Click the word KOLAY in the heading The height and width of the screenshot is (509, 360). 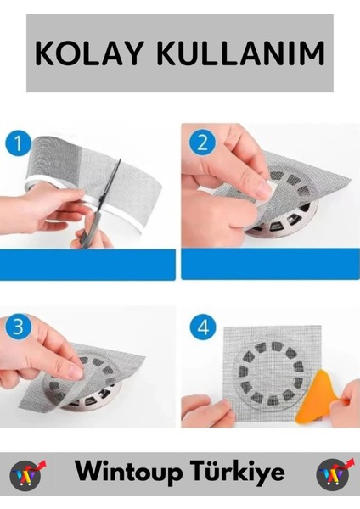pos(89,53)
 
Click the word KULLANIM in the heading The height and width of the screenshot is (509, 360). pos(241,53)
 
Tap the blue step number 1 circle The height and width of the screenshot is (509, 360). pos(18,143)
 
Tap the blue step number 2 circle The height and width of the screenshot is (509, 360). pos(202,143)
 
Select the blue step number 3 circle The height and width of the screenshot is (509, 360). pos(18,326)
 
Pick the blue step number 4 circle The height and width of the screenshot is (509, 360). pos(203,327)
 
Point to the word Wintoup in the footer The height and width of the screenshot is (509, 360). pos(129,473)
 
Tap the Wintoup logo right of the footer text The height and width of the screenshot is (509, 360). pos(335,474)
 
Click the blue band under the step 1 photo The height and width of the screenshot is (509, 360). pos(87,265)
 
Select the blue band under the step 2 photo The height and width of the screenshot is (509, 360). pos(270,264)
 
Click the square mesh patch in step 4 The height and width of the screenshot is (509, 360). pos(273,373)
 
